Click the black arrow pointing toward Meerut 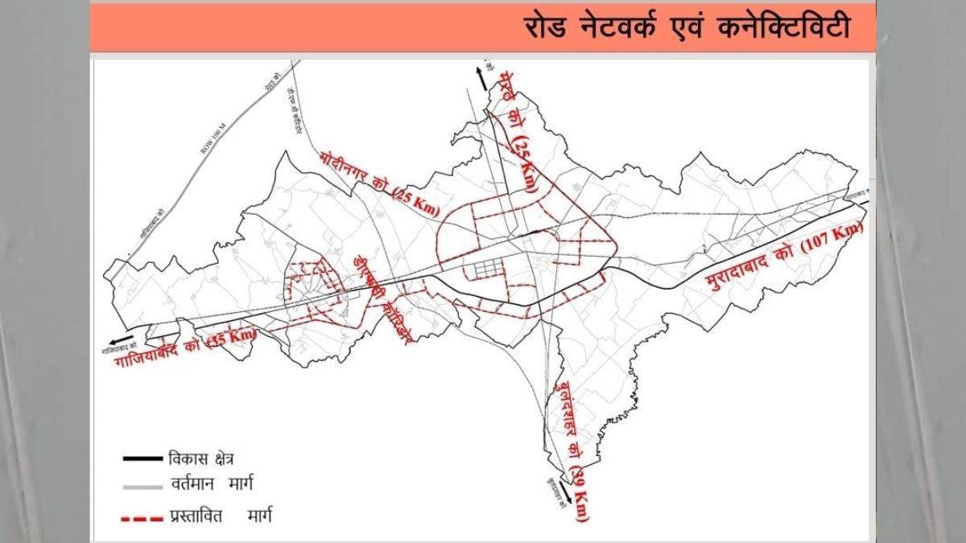[481, 77]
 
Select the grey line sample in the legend [140, 487]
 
